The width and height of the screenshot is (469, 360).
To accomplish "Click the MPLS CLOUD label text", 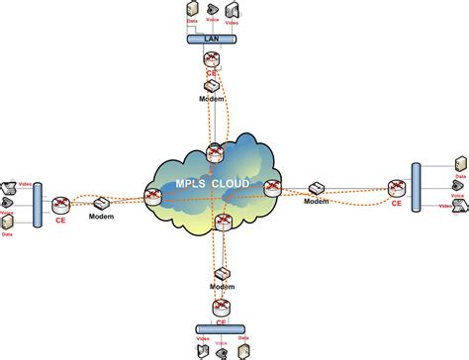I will (x=212, y=186).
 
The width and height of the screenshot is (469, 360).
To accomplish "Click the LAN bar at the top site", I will (x=213, y=41).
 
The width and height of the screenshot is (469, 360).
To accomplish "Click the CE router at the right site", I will (x=396, y=187).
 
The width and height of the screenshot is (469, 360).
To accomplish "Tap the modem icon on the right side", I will (x=317, y=188).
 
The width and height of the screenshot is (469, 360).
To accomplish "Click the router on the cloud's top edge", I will (x=215, y=152).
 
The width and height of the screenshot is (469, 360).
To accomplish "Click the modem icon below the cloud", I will (x=222, y=272).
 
